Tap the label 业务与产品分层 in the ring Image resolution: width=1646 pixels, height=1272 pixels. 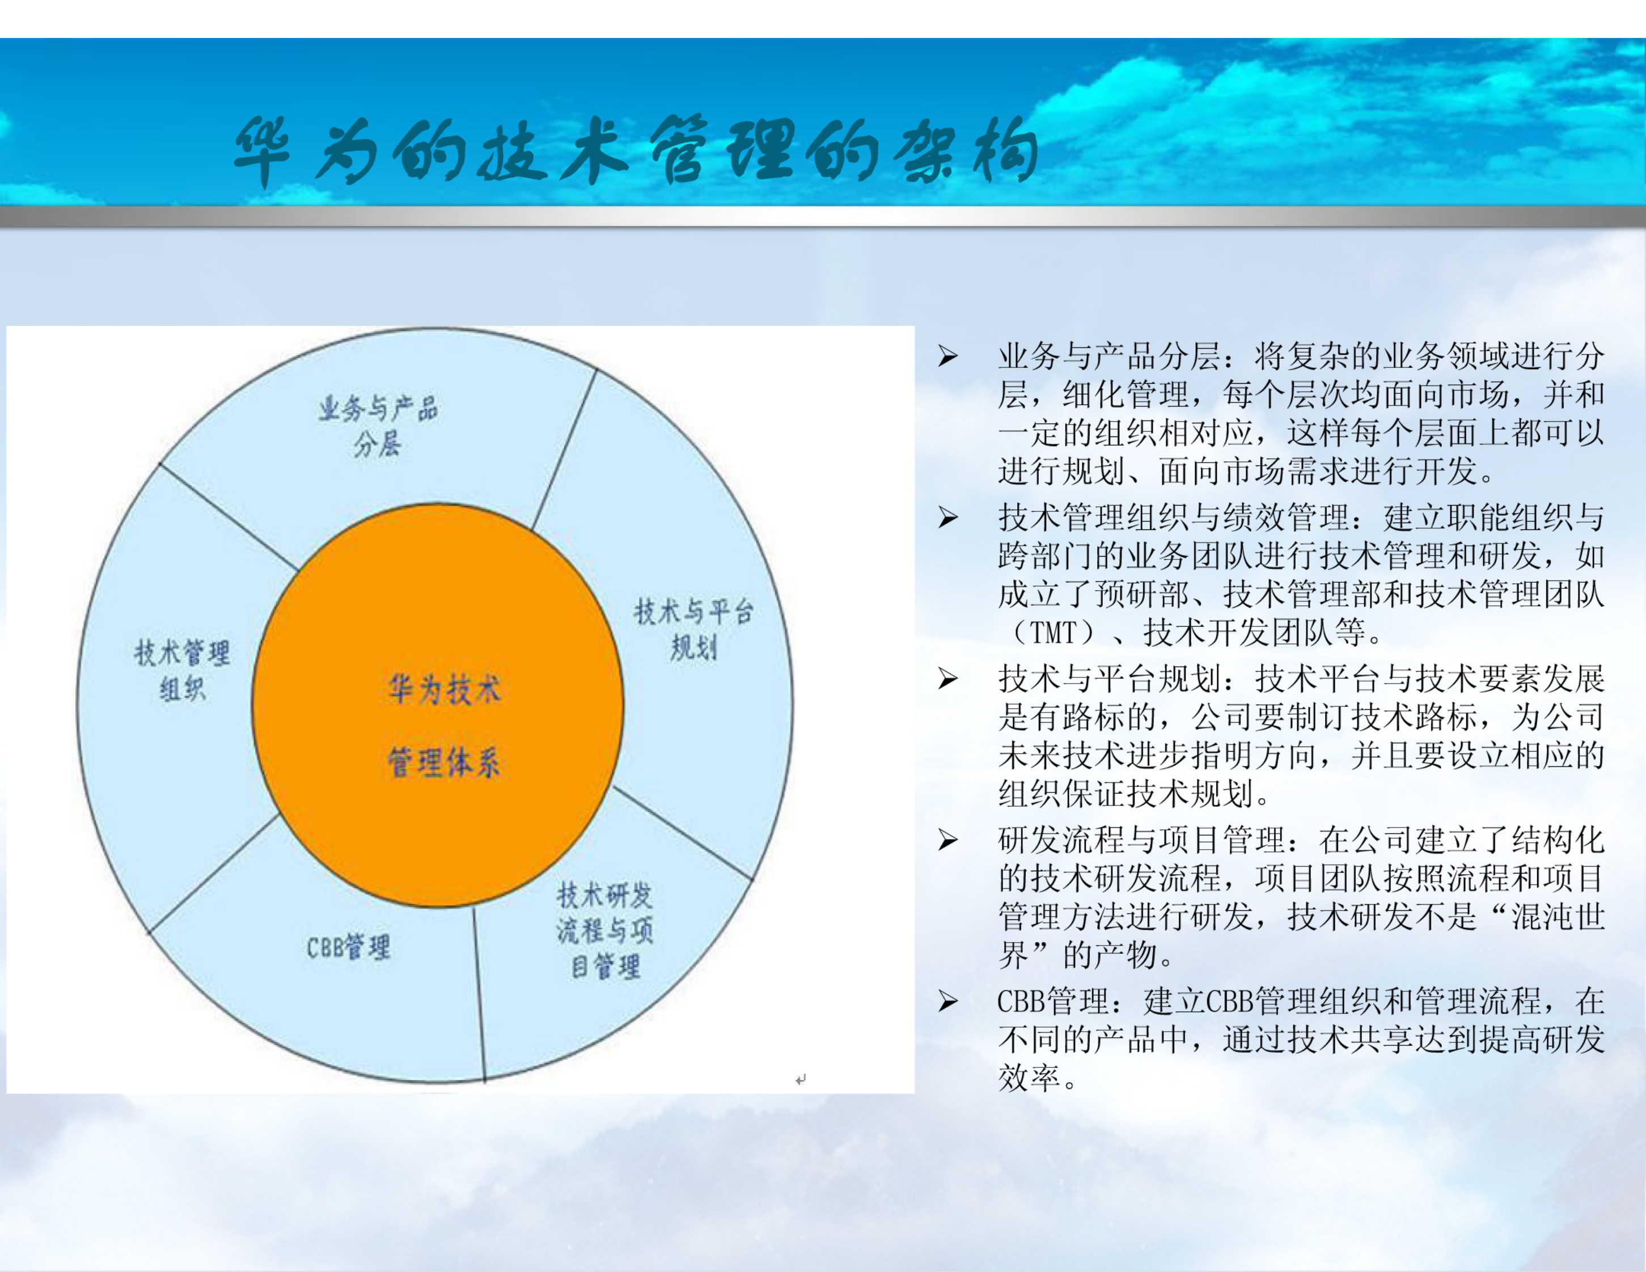pos(378,426)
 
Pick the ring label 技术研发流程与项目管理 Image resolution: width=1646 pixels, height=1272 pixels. pos(604,931)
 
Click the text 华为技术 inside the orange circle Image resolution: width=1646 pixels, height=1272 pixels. pos(443,689)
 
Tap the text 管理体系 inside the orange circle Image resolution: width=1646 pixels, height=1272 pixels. pos(443,762)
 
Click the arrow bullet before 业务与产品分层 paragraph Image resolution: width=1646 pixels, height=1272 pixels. pos(947,357)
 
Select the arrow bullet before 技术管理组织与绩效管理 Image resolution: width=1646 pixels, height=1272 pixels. pos(947,518)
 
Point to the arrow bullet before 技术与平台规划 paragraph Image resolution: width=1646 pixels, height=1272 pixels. pos(947,679)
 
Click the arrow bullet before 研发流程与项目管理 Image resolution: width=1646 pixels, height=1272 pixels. pos(947,839)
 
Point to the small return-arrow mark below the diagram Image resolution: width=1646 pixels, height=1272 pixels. pos(801,1080)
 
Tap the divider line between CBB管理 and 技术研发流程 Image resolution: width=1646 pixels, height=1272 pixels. pos(479,995)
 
